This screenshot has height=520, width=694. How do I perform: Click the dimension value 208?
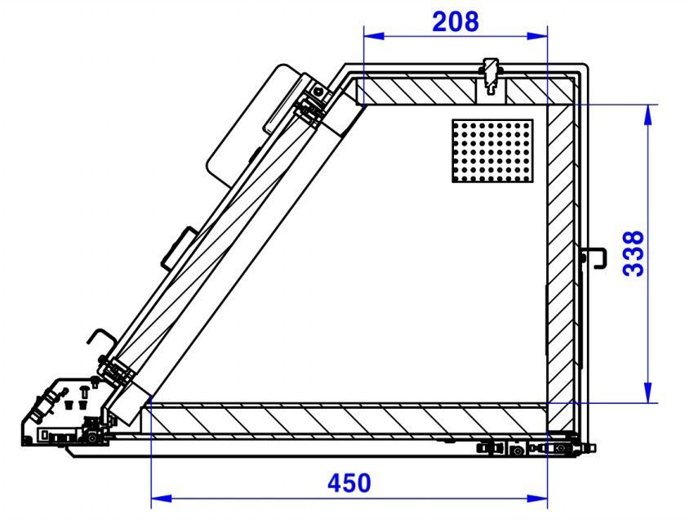tap(455, 20)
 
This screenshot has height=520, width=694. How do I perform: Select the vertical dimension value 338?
tap(634, 253)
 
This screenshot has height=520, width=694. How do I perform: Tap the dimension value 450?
tap(349, 483)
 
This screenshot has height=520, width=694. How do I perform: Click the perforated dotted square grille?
tap(492, 150)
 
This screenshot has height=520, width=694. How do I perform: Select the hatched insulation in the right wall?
tap(561, 245)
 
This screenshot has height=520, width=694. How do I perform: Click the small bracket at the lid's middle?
tap(178, 247)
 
